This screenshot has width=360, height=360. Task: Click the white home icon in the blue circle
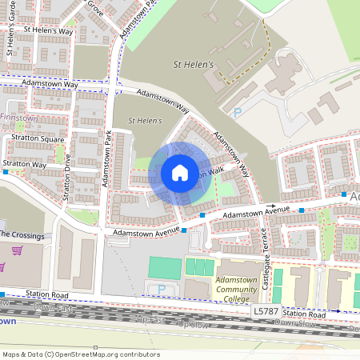coord(180,172)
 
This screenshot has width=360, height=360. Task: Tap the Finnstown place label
coord(19,118)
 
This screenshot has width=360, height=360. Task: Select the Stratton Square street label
coord(38,138)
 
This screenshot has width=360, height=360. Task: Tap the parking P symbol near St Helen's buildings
coord(238,114)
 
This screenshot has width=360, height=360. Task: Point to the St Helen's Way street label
coord(49,30)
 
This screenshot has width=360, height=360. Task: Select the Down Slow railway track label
coord(294,324)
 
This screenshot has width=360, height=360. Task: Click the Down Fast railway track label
coord(56,308)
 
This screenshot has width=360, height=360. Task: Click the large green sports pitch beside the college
coord(165,267)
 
